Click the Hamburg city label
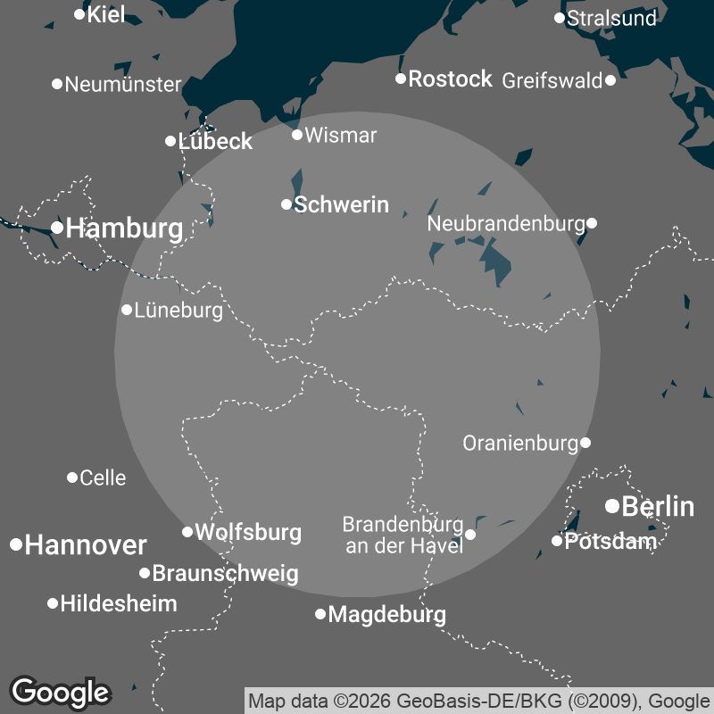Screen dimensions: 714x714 click(x=124, y=228)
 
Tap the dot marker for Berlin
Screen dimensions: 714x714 click(x=612, y=506)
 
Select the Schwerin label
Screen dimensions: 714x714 click(x=341, y=204)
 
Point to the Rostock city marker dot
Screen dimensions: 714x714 click(x=401, y=79)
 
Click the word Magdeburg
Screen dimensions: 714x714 click(x=386, y=614)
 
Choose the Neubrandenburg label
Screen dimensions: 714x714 click(x=505, y=223)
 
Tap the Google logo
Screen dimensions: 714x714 click(x=60, y=691)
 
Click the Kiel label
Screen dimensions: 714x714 click(x=106, y=14)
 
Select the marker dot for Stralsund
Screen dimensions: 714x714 click(x=560, y=18)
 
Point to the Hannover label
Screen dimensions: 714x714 click(x=85, y=544)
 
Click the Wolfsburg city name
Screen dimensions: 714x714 click(x=247, y=532)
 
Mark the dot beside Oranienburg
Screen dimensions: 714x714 click(x=585, y=442)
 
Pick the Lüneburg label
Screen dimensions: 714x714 click(x=178, y=311)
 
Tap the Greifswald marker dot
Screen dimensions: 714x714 click(x=610, y=80)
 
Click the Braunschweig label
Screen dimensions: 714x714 click(x=225, y=573)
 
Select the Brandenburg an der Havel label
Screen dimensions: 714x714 click(x=403, y=534)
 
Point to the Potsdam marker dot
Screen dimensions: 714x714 click(x=557, y=540)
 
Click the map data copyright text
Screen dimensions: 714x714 click(x=478, y=699)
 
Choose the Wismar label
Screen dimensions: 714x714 click(x=340, y=136)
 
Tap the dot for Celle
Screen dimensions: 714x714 click(x=72, y=477)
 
